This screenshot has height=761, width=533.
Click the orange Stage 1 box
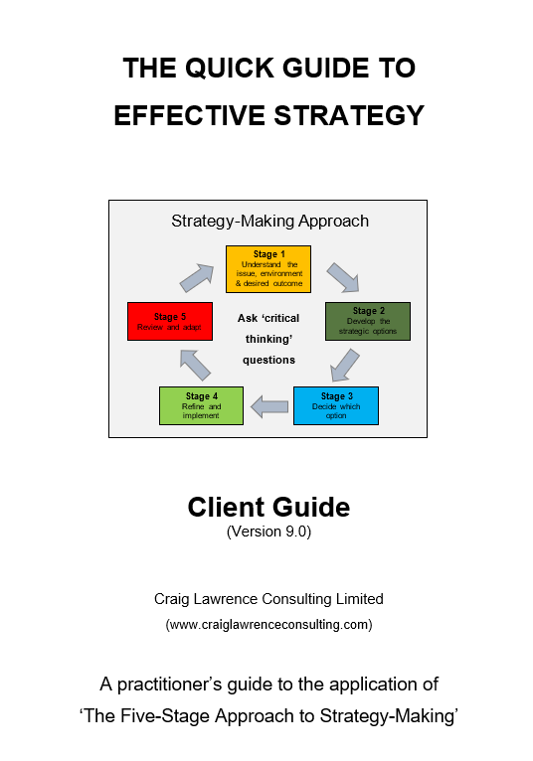click(268, 269)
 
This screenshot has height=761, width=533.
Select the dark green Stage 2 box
click(368, 321)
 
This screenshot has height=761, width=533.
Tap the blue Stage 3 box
click(336, 405)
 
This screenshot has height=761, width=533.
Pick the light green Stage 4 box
click(201, 405)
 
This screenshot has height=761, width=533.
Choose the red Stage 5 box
click(170, 321)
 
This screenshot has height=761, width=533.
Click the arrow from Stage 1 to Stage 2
click(343, 277)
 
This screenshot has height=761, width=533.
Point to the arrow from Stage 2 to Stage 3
click(344, 365)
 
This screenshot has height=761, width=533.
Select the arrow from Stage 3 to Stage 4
click(269, 406)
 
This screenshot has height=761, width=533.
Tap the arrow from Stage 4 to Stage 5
click(195, 365)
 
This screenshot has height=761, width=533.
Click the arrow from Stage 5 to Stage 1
click(197, 278)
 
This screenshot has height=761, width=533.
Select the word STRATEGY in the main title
click(349, 115)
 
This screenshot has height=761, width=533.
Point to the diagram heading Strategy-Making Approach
click(269, 221)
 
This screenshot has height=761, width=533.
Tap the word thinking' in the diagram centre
click(268, 339)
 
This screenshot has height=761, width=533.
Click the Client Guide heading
click(268, 508)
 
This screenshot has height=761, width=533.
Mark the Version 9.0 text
click(268, 532)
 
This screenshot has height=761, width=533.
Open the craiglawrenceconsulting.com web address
click(268, 624)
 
